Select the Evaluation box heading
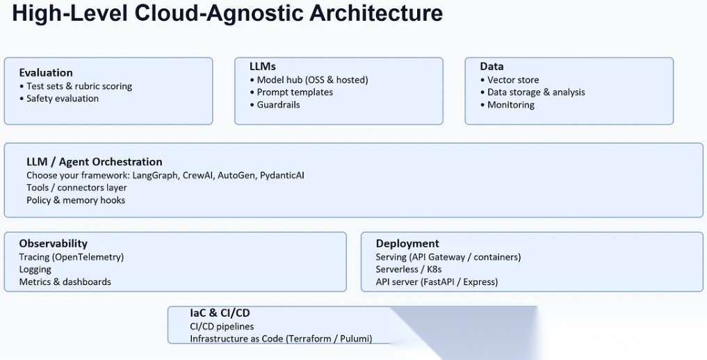coord(46,72)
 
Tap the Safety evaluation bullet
coord(62,99)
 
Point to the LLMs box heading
coord(263,66)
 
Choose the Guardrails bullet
coord(278,105)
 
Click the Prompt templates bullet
coord(295,92)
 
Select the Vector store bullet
coord(513,80)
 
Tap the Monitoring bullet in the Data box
coord(511,105)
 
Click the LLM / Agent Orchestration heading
coord(95,162)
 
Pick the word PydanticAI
coord(282,175)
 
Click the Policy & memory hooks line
coord(76,200)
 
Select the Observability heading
coord(54,243)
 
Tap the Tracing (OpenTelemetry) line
coord(72,257)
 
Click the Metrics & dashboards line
coord(65,282)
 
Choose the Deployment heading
coord(407,243)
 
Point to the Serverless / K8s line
coord(409,270)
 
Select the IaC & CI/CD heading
coord(220,313)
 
